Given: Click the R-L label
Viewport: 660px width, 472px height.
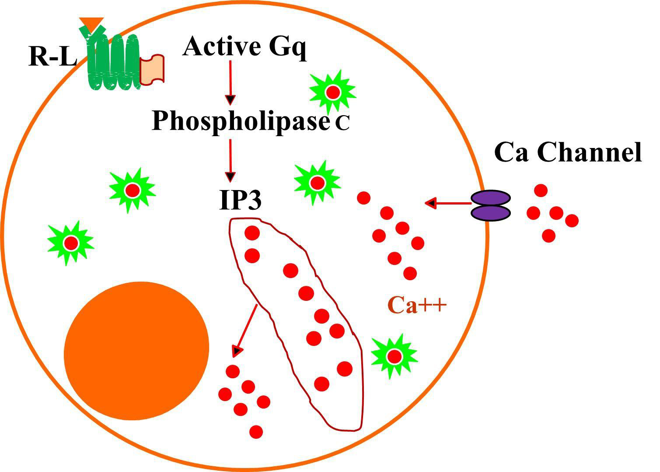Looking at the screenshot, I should click(x=52, y=57).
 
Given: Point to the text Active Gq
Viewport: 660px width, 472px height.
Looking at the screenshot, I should click(x=244, y=46).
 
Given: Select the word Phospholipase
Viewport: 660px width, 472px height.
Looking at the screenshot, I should click(x=240, y=120).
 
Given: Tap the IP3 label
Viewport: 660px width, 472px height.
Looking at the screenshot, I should click(x=240, y=200).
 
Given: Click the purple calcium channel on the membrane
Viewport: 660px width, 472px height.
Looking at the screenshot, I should click(x=491, y=204).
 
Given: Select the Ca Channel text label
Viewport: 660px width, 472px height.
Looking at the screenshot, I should click(x=567, y=152).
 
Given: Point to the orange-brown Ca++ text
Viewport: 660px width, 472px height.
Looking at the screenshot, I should click(x=417, y=306).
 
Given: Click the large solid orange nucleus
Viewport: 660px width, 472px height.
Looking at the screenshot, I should click(x=136, y=350).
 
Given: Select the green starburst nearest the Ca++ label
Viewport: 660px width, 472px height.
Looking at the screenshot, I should click(x=394, y=356).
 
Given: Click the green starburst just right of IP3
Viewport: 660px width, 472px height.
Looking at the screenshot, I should click(x=317, y=182).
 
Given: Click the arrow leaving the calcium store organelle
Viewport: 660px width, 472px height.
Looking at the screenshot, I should click(x=246, y=328).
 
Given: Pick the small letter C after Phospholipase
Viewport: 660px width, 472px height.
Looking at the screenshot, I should click(x=342, y=124).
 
